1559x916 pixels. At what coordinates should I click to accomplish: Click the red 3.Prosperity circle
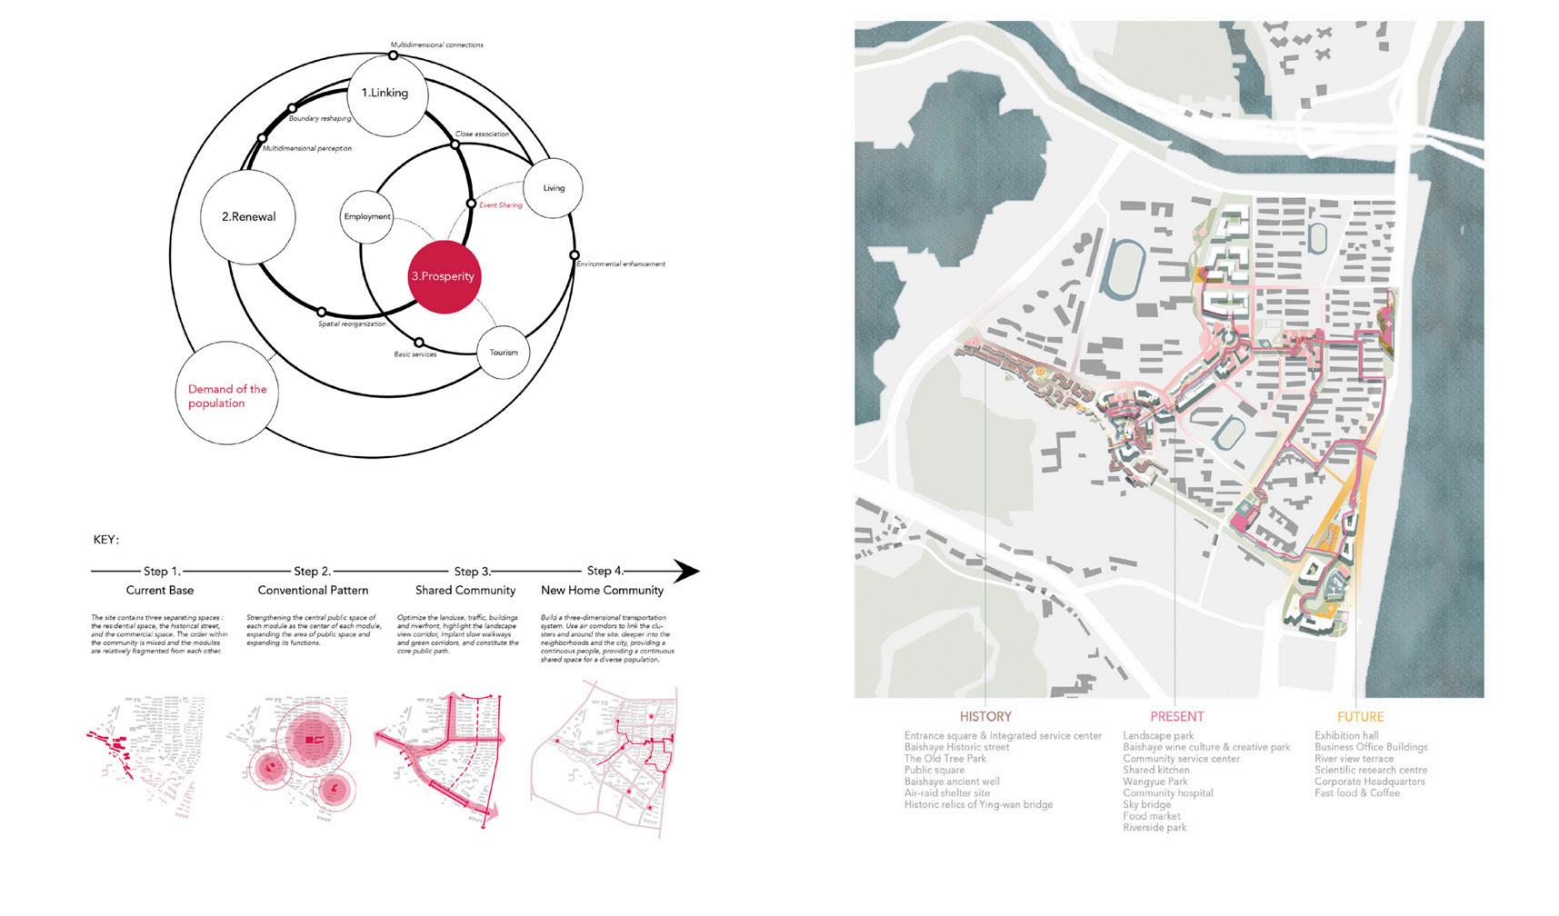pyautogui.click(x=442, y=276)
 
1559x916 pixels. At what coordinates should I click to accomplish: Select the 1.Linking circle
pyautogui.click(x=385, y=93)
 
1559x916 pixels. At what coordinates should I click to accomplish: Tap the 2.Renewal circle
pyautogui.click(x=247, y=216)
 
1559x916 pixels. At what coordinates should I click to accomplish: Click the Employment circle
pyautogui.click(x=367, y=216)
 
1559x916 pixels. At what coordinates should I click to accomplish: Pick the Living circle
pyautogui.click(x=554, y=188)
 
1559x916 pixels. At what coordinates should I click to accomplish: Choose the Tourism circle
pyautogui.click(x=504, y=353)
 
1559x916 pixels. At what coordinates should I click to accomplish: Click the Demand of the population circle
pyautogui.click(x=227, y=396)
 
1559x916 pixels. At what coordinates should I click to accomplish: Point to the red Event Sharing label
pyautogui.click(x=501, y=205)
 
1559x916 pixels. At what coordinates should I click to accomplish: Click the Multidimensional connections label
pyautogui.click(x=436, y=45)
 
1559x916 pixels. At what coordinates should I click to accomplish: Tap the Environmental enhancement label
pyautogui.click(x=620, y=264)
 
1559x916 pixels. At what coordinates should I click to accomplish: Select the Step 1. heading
pyautogui.click(x=162, y=572)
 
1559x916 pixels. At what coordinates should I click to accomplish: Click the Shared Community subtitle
pyautogui.click(x=465, y=591)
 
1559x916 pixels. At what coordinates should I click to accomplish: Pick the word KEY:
pyautogui.click(x=106, y=540)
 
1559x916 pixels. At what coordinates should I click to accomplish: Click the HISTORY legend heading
pyautogui.click(x=985, y=716)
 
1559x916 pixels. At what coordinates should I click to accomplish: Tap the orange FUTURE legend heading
pyautogui.click(x=1360, y=716)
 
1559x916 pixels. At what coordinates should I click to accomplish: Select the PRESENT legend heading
pyautogui.click(x=1176, y=716)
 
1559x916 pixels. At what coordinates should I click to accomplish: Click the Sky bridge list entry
pyautogui.click(x=1146, y=804)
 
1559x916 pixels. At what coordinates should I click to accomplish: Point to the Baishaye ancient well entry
pyautogui.click(x=952, y=782)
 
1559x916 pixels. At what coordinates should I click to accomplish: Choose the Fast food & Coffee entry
pyautogui.click(x=1357, y=793)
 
